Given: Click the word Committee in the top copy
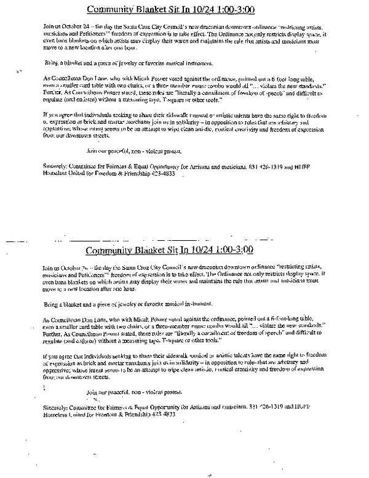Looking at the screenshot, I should click(92, 166).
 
